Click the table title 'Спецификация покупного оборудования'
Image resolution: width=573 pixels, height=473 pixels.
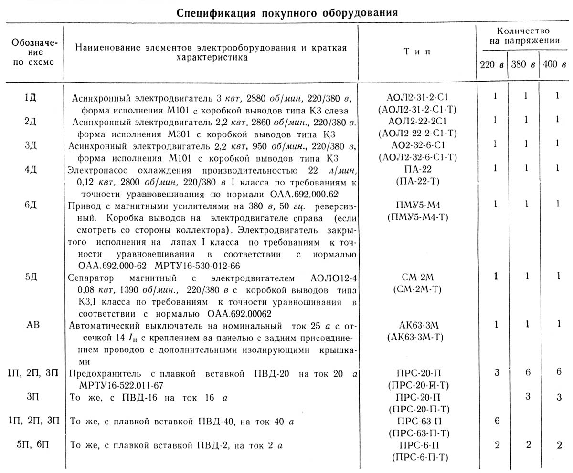pos(287,12)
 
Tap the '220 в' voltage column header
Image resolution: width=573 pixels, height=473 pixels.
pos(491,65)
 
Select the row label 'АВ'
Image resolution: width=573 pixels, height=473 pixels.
pos(31,325)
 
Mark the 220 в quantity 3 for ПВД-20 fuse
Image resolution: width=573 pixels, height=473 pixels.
pos(497,372)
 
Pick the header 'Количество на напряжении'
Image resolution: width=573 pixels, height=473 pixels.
pos(522,36)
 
